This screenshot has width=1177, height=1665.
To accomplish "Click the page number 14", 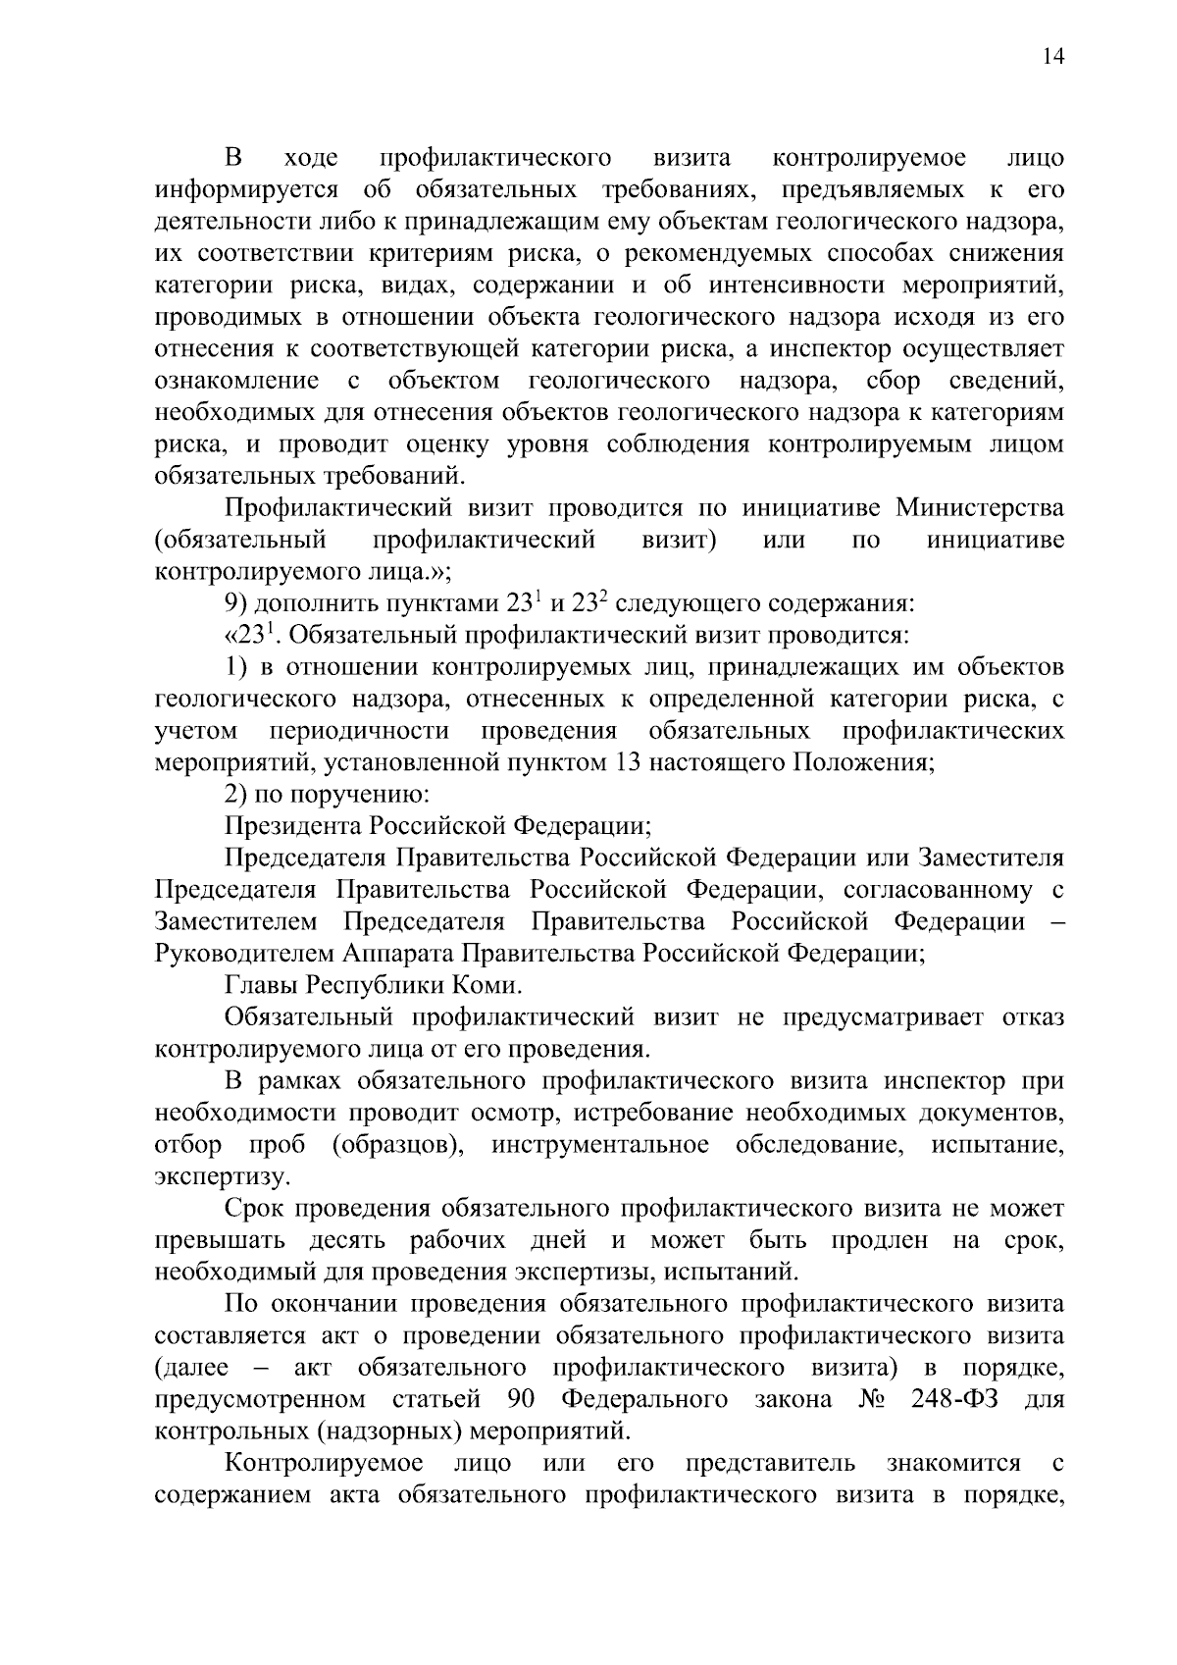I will [1051, 56].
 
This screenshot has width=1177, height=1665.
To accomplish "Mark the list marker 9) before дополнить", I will [237, 602].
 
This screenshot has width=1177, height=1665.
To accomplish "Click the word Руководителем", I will [245, 953].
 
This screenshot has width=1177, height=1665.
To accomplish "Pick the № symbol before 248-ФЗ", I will [872, 1399].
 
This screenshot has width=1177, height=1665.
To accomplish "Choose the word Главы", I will [261, 984].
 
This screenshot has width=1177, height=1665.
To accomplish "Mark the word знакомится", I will [953, 1463].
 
